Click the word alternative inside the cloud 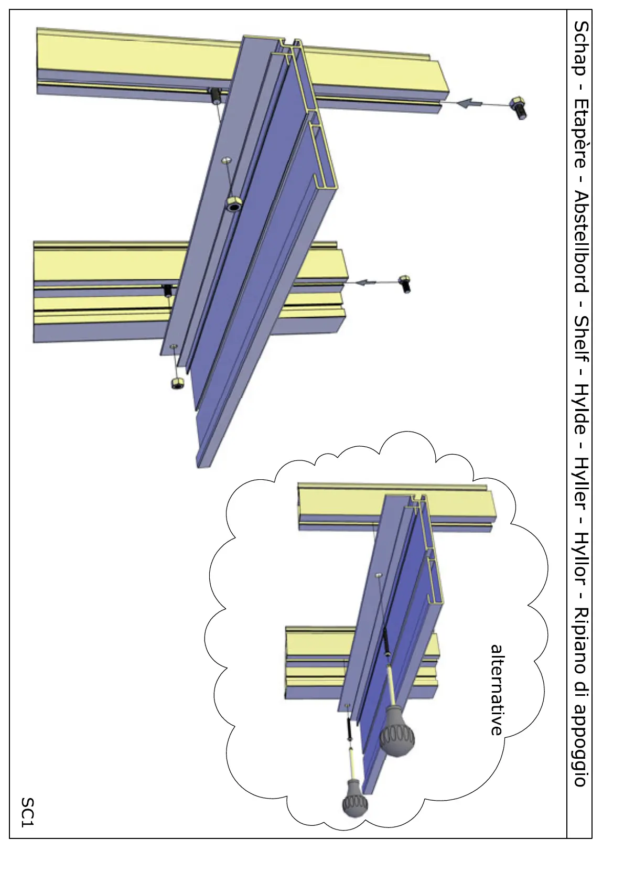497,690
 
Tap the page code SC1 27,812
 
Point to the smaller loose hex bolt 404,283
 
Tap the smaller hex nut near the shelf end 177,383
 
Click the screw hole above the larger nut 226,160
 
